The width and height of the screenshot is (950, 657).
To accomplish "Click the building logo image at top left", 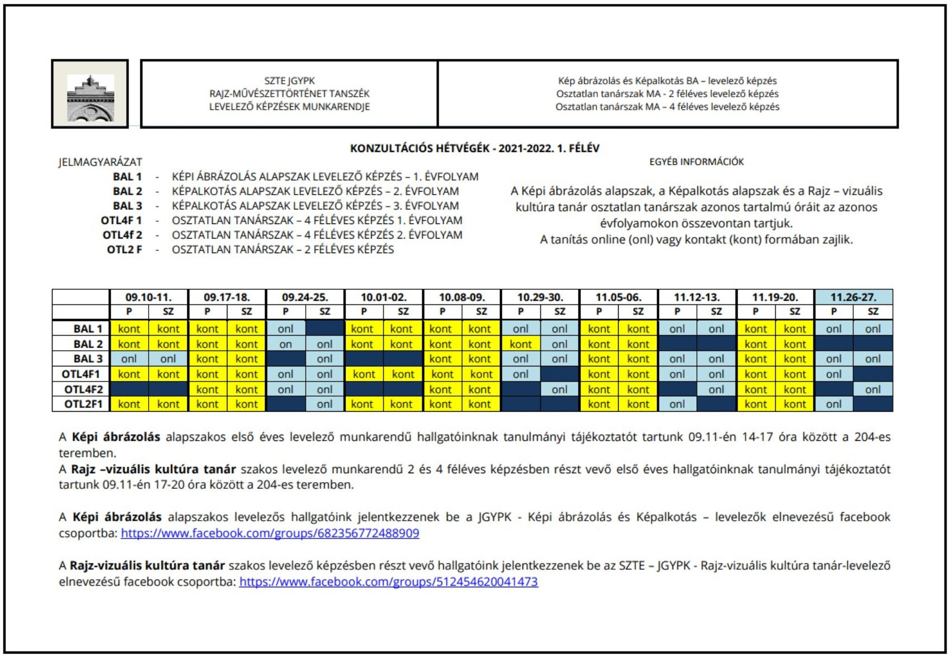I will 90,94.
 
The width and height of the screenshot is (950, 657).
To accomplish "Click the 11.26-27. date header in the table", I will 853,297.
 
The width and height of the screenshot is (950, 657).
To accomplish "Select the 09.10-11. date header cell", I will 149,297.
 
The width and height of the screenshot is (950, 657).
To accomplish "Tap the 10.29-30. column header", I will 540,297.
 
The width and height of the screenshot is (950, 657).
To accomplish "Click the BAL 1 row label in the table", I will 88,329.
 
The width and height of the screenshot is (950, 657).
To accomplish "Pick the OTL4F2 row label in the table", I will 83,389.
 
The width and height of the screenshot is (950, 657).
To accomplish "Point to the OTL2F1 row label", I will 83,404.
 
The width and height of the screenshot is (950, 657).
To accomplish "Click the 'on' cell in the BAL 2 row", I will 286,344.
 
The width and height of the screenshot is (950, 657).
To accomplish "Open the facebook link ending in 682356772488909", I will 270,533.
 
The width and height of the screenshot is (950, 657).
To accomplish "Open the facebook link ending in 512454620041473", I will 388,582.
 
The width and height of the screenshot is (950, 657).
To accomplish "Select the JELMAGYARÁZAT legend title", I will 101,162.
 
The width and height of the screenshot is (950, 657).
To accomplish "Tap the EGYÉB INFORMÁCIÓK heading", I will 696,162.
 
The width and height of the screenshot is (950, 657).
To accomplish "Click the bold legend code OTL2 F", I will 124,249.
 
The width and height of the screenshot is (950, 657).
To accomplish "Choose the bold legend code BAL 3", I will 127,206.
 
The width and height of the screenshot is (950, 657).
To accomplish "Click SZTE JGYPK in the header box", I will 289,80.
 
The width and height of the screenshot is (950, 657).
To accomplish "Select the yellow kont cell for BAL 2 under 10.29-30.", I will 520,344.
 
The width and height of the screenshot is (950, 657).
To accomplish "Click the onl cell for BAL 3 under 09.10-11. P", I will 129,359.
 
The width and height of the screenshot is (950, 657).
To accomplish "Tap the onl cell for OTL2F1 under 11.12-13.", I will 677,404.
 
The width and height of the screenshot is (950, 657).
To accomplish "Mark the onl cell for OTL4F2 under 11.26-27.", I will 872,389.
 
